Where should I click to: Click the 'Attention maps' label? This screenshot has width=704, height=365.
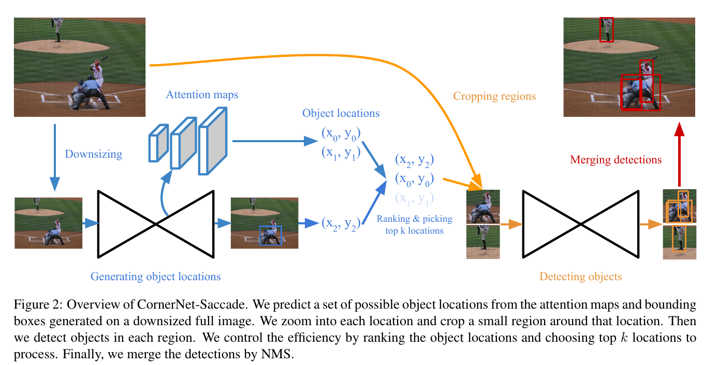click(202, 95)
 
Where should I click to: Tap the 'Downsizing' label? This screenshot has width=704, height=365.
click(93, 154)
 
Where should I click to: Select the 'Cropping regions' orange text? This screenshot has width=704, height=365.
click(494, 96)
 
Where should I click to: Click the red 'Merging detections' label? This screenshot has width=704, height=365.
click(615, 160)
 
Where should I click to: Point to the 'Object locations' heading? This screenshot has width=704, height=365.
click(341, 113)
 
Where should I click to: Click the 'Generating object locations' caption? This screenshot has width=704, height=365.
click(155, 277)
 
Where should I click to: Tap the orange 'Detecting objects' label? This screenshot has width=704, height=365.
click(580, 277)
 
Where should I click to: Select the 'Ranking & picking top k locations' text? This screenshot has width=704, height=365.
click(414, 224)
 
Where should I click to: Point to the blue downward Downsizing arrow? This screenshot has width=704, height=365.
click(54, 155)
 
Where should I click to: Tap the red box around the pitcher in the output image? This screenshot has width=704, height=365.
click(606, 29)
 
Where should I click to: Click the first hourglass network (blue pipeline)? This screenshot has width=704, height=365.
click(155, 224)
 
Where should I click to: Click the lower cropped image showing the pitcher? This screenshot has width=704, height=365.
click(483, 242)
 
